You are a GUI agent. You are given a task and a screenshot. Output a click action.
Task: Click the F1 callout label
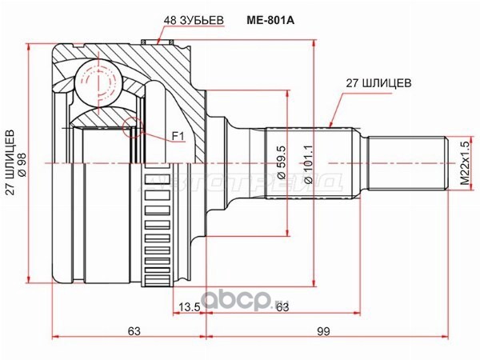[177, 138]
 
